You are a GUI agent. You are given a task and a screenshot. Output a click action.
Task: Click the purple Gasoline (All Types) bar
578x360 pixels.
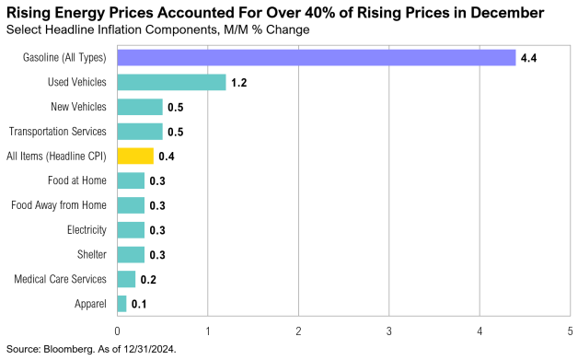(316, 58)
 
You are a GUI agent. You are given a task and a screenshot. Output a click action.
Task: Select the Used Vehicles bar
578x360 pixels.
(171, 83)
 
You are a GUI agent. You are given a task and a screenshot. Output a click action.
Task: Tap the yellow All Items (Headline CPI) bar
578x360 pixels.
(135, 156)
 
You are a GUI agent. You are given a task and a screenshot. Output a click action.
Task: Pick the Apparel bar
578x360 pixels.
(121, 303)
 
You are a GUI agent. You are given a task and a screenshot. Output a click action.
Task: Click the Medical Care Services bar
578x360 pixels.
(126, 278)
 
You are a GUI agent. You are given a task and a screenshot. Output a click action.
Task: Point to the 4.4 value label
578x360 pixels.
(528, 59)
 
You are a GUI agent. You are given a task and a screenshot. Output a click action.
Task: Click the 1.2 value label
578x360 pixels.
(239, 84)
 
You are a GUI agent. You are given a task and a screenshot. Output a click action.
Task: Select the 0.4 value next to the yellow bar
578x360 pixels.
(166, 157)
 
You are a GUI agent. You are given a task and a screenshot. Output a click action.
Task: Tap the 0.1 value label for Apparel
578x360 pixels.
(139, 303)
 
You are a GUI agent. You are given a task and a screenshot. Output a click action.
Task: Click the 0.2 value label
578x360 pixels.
(148, 279)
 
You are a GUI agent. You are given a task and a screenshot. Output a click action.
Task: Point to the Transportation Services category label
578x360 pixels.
(58, 132)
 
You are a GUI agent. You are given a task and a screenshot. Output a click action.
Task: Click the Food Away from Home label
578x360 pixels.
(59, 204)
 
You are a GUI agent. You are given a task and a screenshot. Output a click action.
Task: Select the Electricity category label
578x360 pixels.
(87, 229)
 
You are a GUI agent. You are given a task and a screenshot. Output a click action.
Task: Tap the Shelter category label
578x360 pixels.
(92, 254)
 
